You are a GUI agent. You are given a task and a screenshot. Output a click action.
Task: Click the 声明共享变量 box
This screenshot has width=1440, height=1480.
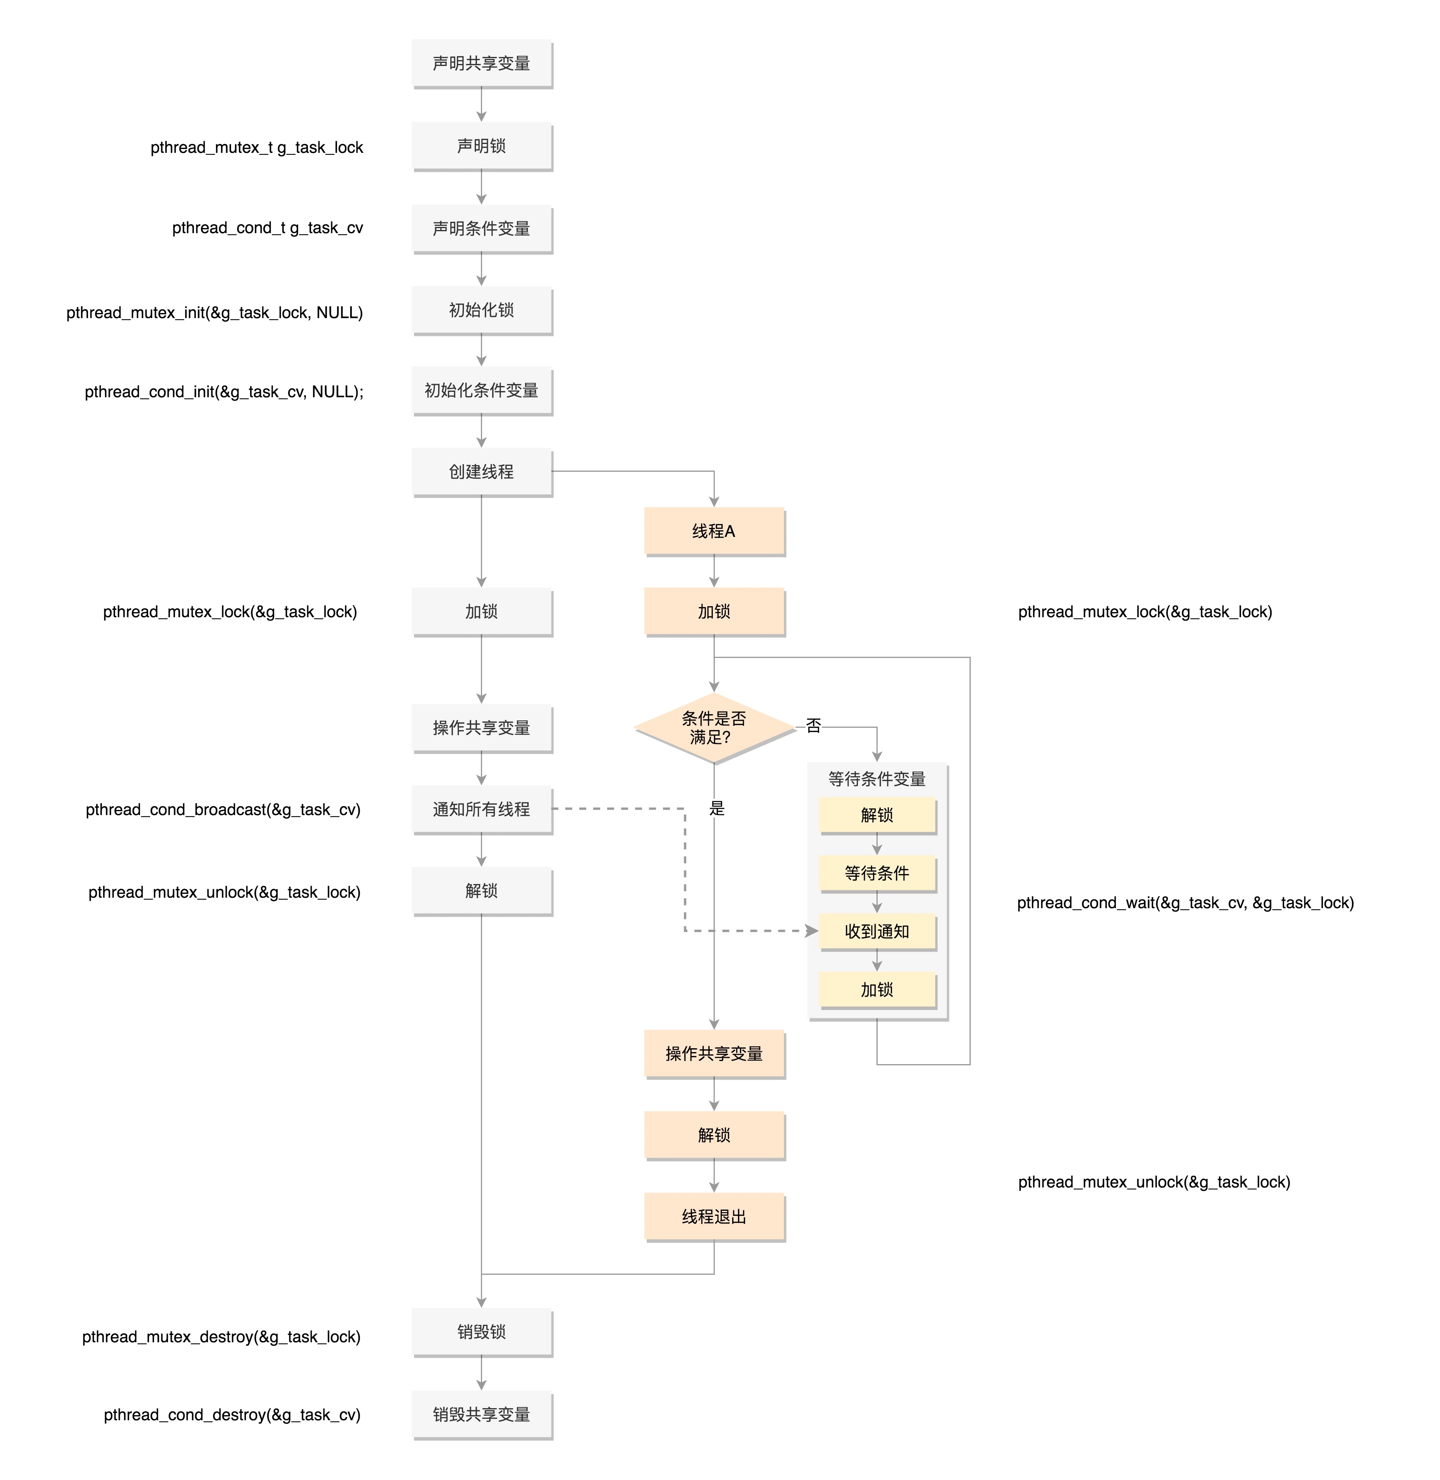(x=482, y=64)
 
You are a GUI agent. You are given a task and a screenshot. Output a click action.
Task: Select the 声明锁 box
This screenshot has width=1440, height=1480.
(x=482, y=146)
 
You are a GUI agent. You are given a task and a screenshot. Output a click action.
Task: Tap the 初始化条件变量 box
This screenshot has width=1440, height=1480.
(x=482, y=390)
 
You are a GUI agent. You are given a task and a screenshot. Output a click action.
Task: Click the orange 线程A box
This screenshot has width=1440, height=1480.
(x=714, y=531)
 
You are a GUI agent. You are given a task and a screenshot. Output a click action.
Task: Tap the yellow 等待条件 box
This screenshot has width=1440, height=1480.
(x=877, y=873)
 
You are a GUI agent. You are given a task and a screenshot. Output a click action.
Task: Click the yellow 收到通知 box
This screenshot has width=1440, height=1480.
(x=877, y=931)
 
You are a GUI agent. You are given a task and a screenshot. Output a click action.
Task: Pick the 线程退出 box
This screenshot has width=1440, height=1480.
(x=714, y=1217)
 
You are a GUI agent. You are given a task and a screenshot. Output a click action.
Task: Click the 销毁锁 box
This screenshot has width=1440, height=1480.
(x=482, y=1332)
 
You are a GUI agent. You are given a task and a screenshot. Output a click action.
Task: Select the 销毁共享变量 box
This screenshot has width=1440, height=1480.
(x=482, y=1414)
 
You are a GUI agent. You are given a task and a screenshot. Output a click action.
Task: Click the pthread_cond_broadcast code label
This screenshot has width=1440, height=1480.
(x=223, y=810)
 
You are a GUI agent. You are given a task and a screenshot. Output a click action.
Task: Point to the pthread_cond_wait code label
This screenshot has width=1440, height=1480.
(x=1185, y=903)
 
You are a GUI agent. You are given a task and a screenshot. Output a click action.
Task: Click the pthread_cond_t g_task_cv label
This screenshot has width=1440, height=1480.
(x=268, y=228)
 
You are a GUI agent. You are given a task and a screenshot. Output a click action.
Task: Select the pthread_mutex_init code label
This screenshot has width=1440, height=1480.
(x=215, y=313)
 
